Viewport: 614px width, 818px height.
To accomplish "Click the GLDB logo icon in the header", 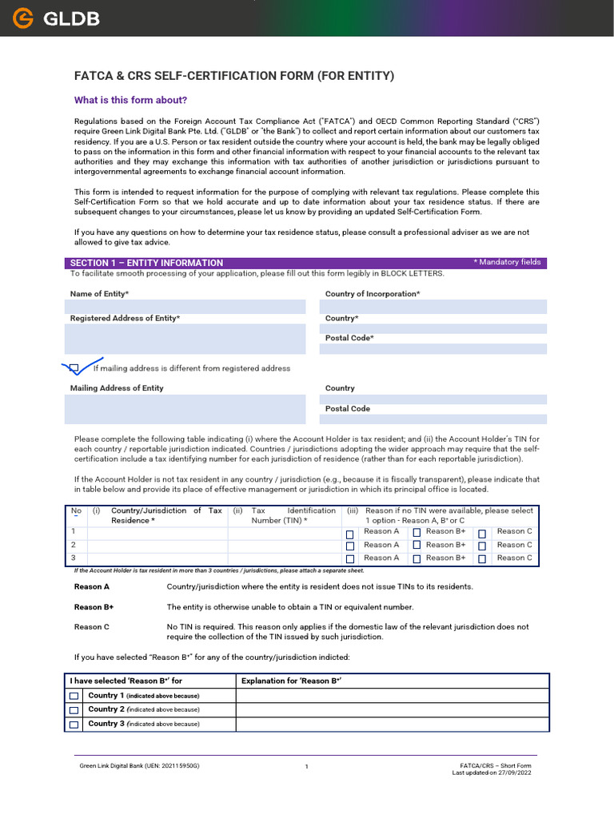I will tap(23, 18).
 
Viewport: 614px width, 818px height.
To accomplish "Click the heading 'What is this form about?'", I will tap(130, 100).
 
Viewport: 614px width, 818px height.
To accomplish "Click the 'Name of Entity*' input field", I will tap(185, 307).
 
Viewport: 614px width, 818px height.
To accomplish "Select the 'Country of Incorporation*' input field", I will tap(436, 307).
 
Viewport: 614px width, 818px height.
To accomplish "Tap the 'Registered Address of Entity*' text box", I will tap(185, 339).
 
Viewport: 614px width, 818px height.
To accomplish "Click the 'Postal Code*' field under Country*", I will tap(436, 349).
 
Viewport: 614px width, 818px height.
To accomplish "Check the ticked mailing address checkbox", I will tap(74, 368).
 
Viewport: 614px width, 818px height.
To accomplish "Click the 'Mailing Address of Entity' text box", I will tap(185, 409).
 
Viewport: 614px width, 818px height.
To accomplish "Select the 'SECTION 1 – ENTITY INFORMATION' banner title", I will tap(146, 263).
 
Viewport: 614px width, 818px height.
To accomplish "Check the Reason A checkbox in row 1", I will tap(349, 534).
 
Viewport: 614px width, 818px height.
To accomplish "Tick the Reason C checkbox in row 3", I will tap(482, 560).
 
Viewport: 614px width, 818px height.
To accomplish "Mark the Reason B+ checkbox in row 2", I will tap(417, 546).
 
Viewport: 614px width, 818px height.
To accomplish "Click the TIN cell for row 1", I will tap(284, 531).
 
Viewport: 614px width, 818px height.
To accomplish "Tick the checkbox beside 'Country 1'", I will tap(74, 697).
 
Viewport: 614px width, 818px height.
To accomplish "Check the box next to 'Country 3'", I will tap(74, 725).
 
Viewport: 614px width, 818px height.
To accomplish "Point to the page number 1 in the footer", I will tap(306, 767).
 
